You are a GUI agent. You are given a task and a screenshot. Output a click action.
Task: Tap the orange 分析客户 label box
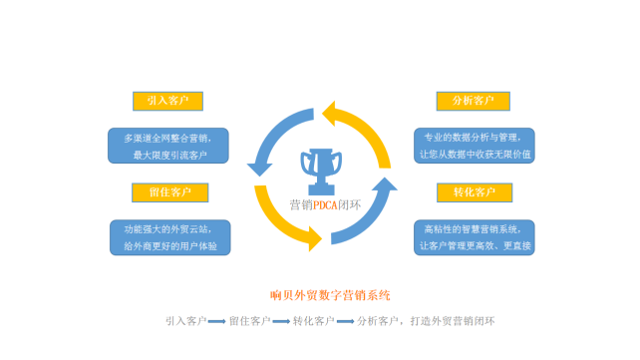tap(473, 102)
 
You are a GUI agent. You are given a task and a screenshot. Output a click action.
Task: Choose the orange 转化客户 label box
tap(473, 191)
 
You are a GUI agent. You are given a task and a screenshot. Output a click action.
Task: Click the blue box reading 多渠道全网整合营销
tap(168, 145)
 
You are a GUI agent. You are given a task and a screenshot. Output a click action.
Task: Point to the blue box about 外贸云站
tap(168, 236)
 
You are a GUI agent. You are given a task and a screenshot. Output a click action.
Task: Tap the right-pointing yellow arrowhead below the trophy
tap(315, 237)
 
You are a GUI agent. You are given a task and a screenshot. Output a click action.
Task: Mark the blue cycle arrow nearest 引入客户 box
tap(262, 150)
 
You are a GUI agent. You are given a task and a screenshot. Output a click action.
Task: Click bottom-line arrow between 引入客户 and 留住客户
tap(216, 321)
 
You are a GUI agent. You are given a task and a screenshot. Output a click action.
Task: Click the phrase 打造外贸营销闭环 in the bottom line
tap(454, 321)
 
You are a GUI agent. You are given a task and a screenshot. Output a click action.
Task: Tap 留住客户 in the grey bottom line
tap(249, 321)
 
